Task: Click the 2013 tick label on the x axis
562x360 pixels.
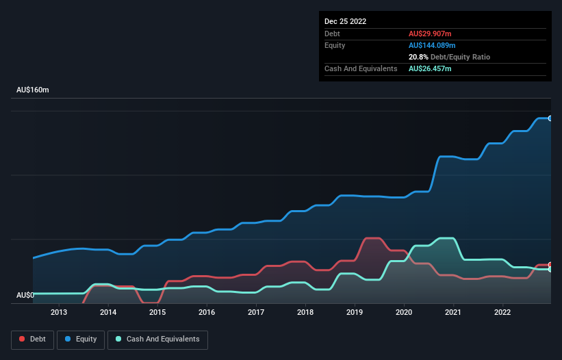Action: pos(59,313)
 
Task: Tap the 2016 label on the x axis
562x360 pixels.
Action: pos(207,313)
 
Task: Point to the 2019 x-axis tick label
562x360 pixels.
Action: pos(355,313)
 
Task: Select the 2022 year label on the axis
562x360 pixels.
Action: pos(502,313)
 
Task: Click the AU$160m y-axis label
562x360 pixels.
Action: pos(33,90)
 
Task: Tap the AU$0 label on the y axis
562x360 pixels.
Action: pos(25,295)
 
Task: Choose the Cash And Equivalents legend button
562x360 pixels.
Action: pos(157,339)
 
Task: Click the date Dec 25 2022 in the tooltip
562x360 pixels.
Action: pos(346,21)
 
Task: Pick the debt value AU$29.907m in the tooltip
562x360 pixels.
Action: pos(431,34)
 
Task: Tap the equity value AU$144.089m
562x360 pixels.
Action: pos(433,45)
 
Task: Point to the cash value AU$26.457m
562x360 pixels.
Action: pos(431,68)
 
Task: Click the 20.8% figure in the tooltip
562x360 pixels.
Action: pos(420,57)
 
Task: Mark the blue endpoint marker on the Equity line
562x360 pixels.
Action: pos(550,118)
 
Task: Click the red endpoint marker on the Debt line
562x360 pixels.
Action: pos(550,265)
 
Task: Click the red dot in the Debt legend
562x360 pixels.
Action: pos(22,339)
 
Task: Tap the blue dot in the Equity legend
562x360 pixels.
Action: pos(68,339)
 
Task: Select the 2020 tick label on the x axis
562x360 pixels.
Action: pos(404,313)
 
